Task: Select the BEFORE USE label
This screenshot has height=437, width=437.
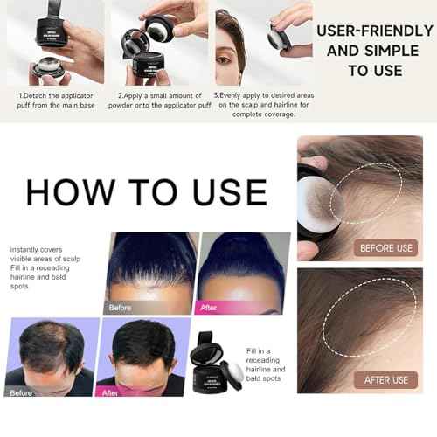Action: tap(385, 248)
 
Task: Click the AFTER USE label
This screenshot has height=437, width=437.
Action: tap(387, 379)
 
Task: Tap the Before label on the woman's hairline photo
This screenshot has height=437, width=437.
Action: tap(121, 308)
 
